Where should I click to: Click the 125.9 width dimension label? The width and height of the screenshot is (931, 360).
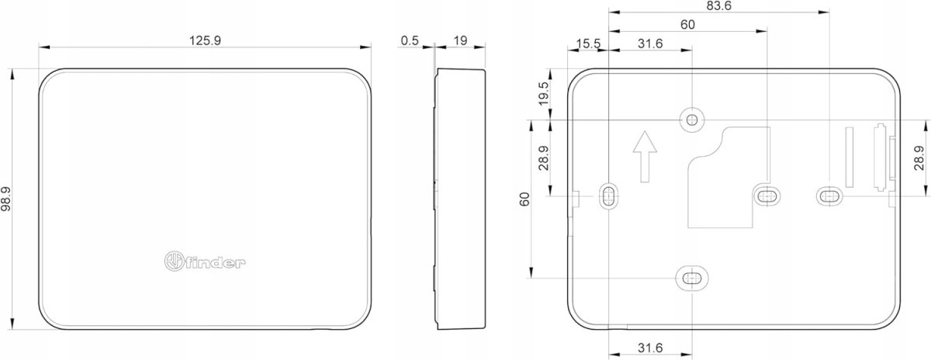[x=206, y=40]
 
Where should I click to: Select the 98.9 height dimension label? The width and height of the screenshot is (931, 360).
[x=7, y=199]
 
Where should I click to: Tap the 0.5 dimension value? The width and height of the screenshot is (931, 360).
[x=410, y=40]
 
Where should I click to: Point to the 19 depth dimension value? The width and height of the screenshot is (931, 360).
[x=460, y=40]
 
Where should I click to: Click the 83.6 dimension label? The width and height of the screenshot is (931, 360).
[x=718, y=6]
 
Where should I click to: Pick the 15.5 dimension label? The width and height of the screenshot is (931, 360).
[x=588, y=43]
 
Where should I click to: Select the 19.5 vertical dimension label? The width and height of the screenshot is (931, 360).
[x=544, y=94]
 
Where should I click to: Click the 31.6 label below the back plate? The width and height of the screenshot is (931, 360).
[x=650, y=348]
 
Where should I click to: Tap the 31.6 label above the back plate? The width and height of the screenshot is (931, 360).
[x=650, y=43]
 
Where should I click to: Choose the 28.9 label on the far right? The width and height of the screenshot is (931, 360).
[x=919, y=158]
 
